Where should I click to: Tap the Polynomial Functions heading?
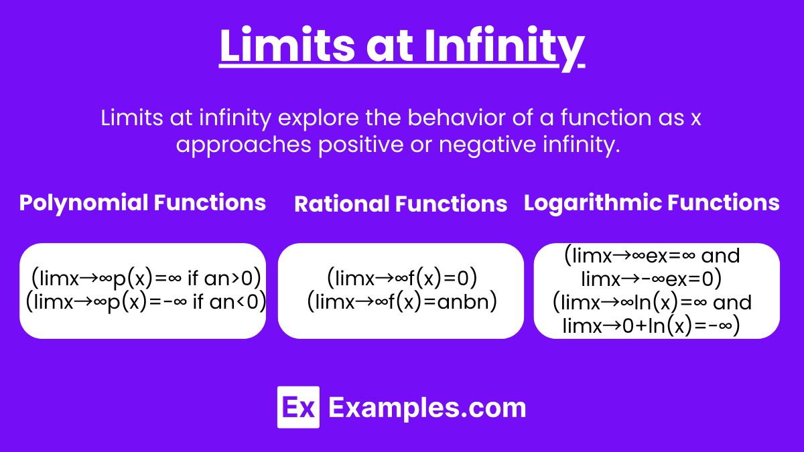(143, 202)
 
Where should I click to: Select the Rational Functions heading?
(401, 204)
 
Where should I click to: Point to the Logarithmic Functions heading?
(651, 203)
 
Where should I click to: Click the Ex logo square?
(298, 407)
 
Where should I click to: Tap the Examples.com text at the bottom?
(427, 407)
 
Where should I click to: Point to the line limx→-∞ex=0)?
(651, 279)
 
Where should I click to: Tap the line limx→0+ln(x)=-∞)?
(651, 325)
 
